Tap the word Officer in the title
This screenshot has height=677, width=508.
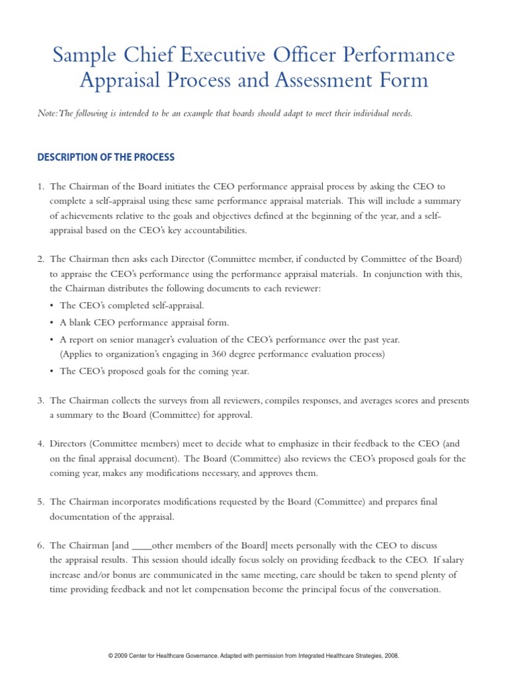pos(298,54)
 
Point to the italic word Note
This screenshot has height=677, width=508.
pos(47,114)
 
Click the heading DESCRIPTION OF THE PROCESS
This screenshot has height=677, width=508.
pos(106,157)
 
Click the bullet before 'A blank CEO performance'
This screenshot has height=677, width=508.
pos(53,323)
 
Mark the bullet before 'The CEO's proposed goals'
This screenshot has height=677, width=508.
pos(53,372)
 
